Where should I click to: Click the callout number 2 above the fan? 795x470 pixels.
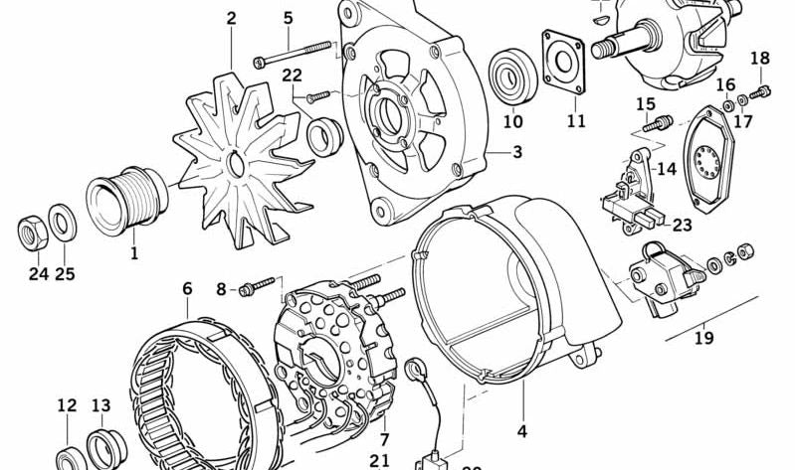point(231,18)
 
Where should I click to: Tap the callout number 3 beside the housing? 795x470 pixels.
point(517,152)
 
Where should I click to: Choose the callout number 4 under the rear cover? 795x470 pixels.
point(521,432)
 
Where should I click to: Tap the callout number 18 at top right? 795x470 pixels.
point(759,58)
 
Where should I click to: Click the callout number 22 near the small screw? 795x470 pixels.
point(292,76)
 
